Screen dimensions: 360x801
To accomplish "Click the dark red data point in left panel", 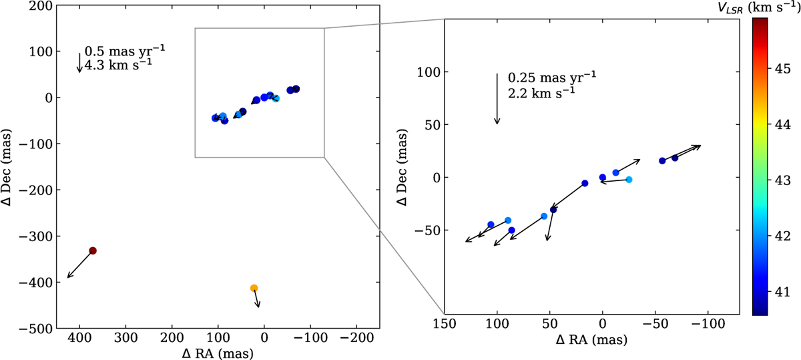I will (93, 250).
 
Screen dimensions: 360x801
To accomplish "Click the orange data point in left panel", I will (254, 288).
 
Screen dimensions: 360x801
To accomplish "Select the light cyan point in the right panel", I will (629, 180).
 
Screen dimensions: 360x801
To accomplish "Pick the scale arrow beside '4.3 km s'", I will (79, 62).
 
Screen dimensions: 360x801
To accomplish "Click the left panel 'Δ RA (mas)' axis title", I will (218, 353).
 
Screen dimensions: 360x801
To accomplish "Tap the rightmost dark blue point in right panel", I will (675, 158).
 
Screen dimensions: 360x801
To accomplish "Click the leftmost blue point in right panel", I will (491, 224).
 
